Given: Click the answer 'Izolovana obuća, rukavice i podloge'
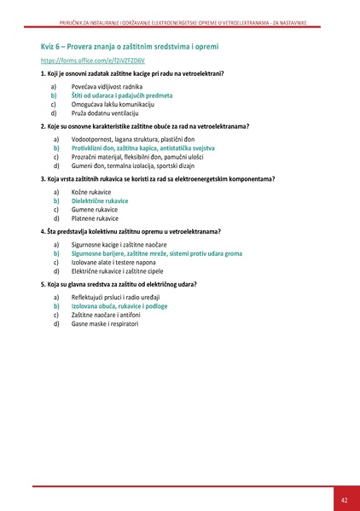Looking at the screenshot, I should point(119,305).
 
